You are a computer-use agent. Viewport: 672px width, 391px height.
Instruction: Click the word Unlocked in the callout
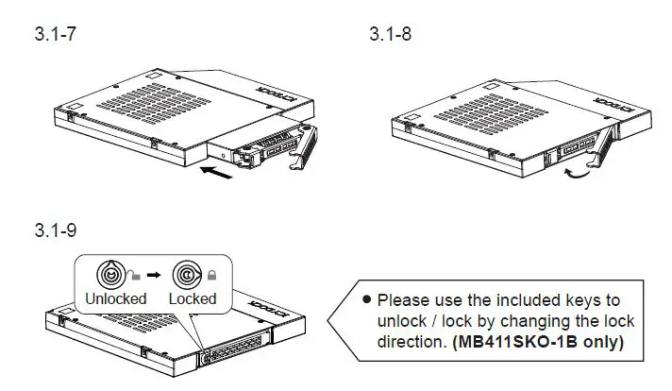(115, 298)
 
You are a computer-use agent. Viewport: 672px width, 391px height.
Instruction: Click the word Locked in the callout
(193, 298)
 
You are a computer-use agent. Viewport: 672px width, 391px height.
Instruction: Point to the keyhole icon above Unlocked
(112, 275)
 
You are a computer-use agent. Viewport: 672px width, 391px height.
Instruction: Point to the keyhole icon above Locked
(185, 275)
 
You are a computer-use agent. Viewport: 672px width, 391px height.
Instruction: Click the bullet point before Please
(367, 300)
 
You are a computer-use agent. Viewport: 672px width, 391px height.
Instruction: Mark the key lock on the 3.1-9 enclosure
(204, 358)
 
